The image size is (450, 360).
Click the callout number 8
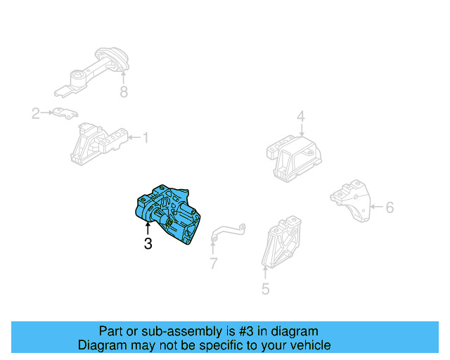point(124,91)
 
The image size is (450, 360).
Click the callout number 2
point(35,112)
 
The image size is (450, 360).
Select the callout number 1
point(146,138)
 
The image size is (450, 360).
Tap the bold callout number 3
point(148,244)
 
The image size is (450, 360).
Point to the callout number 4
point(300,117)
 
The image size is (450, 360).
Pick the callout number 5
point(265,288)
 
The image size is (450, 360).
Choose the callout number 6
point(390,207)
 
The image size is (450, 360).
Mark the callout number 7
point(213,264)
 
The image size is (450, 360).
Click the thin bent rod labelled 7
point(227,232)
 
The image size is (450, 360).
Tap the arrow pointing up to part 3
point(148,229)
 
